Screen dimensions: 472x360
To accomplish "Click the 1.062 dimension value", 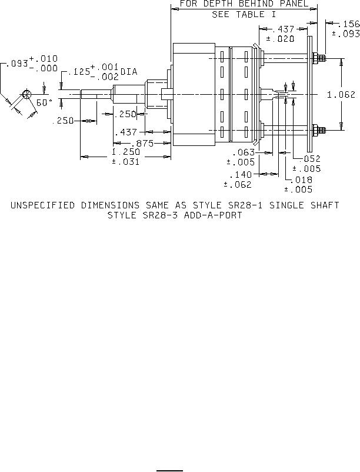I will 342,94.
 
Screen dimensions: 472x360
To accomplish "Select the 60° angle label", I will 45,102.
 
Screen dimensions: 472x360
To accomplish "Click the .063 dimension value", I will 244,152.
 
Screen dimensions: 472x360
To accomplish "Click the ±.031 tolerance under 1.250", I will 125,162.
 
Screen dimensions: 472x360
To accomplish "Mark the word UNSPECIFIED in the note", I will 42,205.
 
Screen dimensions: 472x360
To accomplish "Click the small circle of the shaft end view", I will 26,94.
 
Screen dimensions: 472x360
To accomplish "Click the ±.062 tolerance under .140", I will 238,184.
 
